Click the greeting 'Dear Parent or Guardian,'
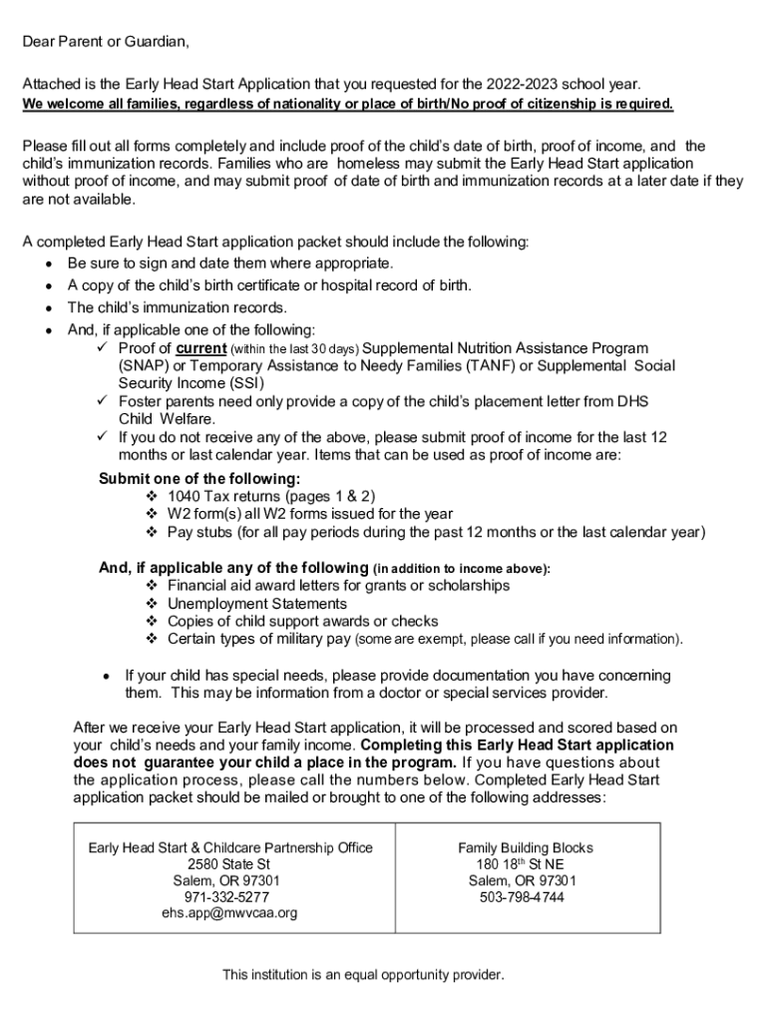click(x=106, y=42)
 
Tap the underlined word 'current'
click(x=201, y=348)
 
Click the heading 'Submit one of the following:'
click(x=198, y=479)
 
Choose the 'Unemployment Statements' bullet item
click(x=257, y=604)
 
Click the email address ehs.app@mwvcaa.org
click(x=229, y=912)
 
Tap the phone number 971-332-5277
click(x=229, y=896)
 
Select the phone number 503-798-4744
click(x=520, y=896)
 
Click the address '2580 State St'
click(x=229, y=864)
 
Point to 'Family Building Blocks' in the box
click(x=520, y=847)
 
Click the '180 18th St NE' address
click(x=520, y=864)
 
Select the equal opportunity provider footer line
click(x=363, y=974)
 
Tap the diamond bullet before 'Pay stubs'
click(x=152, y=532)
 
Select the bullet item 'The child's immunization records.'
click(x=177, y=307)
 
